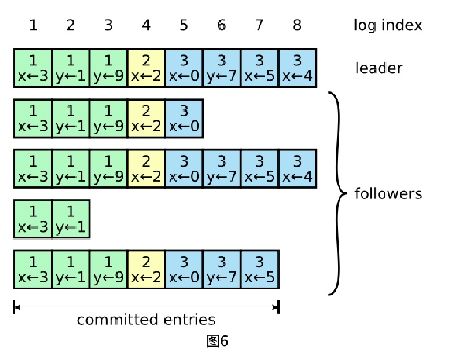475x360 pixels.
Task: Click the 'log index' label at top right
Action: pyautogui.click(x=387, y=25)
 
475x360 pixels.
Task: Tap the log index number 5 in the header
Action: pyautogui.click(x=184, y=25)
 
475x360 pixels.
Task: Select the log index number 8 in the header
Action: pyautogui.click(x=297, y=25)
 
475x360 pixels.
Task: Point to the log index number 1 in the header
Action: pyautogui.click(x=33, y=25)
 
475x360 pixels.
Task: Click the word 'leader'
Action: pyautogui.click(x=378, y=68)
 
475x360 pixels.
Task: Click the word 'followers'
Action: pyautogui.click(x=388, y=193)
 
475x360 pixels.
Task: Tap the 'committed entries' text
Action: pyautogui.click(x=146, y=320)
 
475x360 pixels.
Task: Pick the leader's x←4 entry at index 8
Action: pyautogui.click(x=297, y=68)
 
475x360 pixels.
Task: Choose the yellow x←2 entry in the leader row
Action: pyautogui.click(x=146, y=68)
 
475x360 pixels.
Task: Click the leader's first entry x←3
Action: pyautogui.click(x=33, y=68)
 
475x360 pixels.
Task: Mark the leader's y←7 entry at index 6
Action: pyautogui.click(x=222, y=68)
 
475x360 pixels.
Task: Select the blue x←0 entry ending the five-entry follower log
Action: pyautogui.click(x=184, y=118)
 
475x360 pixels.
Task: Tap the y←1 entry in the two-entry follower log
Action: pyautogui.click(x=71, y=219)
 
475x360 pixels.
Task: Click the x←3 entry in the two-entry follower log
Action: pyautogui.click(x=33, y=219)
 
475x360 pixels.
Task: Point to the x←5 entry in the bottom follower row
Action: pyautogui.click(x=260, y=269)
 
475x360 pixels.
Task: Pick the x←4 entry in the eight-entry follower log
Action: pyautogui.click(x=297, y=168)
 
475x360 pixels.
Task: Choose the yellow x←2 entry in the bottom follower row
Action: pyautogui.click(x=146, y=269)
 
